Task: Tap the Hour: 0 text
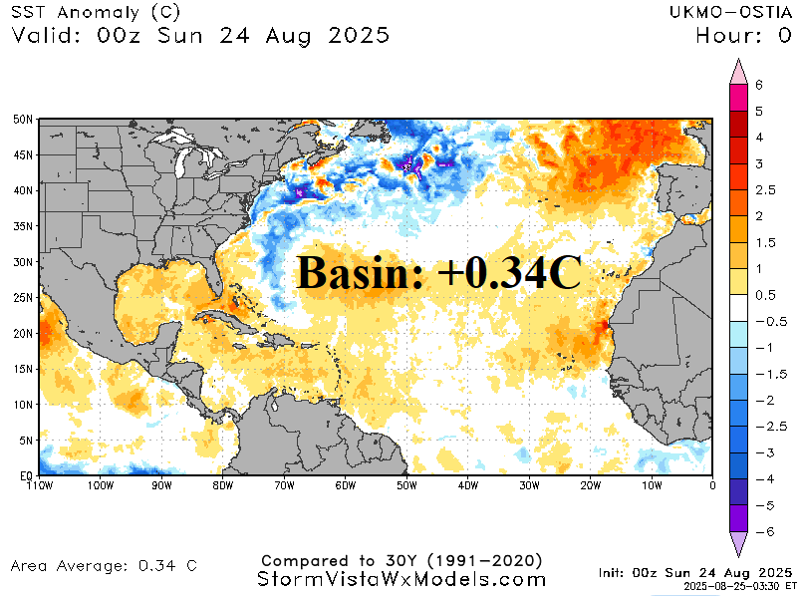[743, 36]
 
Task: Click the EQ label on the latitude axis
[25, 476]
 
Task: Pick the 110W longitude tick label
[40, 486]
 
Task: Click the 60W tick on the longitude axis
[346, 486]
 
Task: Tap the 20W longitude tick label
[591, 486]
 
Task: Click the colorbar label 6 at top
[759, 85]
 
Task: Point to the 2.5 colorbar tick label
[765, 189]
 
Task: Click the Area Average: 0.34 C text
[104, 566]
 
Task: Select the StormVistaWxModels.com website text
[401, 579]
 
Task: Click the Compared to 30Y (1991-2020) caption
[401, 559]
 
